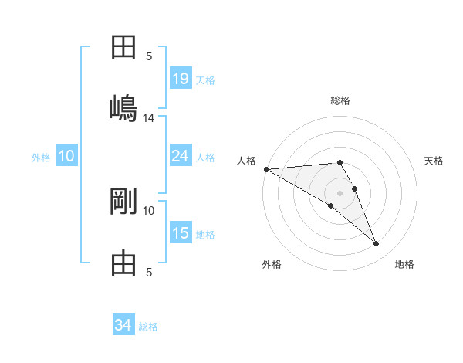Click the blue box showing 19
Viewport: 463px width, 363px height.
(180, 79)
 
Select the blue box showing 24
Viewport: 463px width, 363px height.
(180, 156)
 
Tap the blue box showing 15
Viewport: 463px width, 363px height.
(180, 233)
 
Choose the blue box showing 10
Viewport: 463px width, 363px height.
(66, 156)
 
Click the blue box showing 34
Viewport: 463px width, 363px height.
(123, 325)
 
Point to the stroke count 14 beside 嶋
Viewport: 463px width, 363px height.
(149, 118)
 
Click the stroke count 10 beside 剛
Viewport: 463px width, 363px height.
(149, 210)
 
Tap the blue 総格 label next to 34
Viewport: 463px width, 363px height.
(148, 327)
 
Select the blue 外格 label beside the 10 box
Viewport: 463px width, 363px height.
(41, 158)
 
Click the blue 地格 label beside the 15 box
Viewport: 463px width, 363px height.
(205, 235)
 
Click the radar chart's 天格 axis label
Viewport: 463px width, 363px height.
(434, 161)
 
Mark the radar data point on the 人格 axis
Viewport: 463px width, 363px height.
(265, 168)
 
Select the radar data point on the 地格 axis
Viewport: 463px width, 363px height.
(377, 244)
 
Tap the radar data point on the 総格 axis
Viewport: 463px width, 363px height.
(340, 162)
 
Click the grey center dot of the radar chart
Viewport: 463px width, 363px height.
(340, 192)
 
